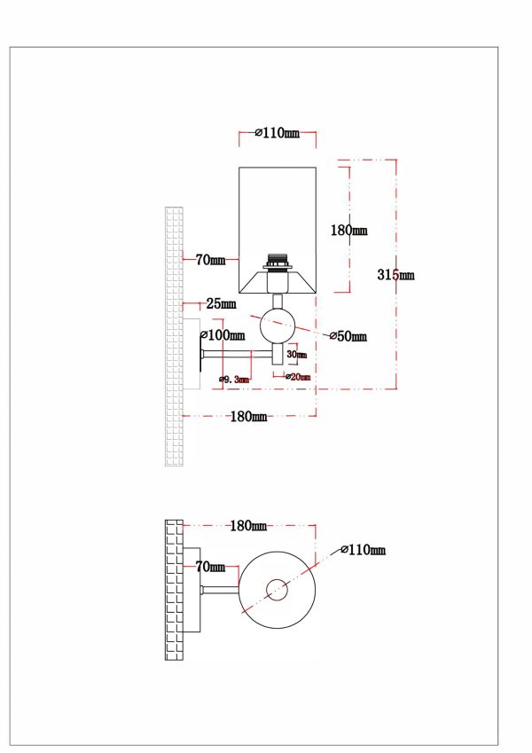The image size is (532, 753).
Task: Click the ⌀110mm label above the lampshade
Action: [x=277, y=134]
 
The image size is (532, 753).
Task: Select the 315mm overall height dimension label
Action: [x=395, y=275]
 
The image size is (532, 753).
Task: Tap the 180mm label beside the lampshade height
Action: [x=348, y=231]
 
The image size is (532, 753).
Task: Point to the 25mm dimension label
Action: [x=222, y=304]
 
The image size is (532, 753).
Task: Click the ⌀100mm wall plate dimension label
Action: [x=223, y=335]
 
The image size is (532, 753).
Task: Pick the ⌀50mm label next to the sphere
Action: [x=348, y=336]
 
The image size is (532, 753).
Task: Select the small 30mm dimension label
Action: [x=298, y=355]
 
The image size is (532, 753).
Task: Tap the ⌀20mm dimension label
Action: [x=298, y=377]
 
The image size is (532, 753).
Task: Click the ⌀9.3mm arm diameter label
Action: [x=234, y=380]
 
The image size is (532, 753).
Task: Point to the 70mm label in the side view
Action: [x=210, y=260]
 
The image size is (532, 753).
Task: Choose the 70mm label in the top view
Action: [x=210, y=566]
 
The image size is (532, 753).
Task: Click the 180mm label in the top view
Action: [x=248, y=526]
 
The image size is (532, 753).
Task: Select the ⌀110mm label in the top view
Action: [x=364, y=551]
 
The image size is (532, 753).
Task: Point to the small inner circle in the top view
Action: [x=278, y=589]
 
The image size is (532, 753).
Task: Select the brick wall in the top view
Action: [x=173, y=589]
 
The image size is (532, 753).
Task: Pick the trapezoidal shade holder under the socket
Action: [x=279, y=283]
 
